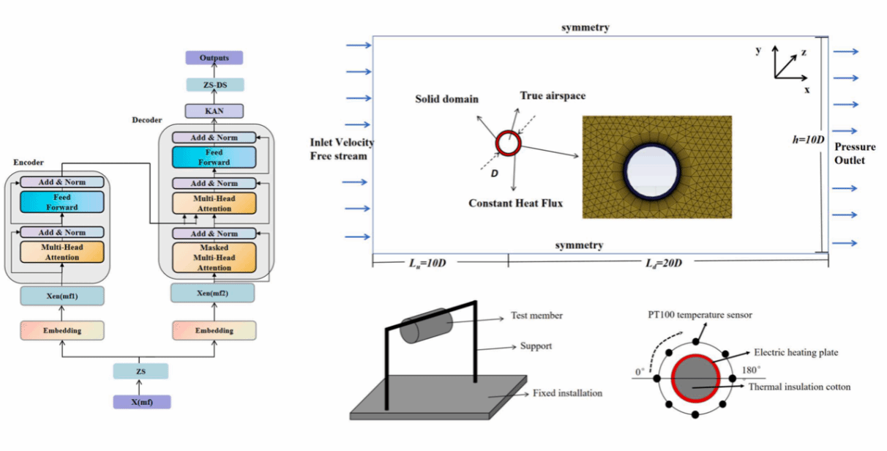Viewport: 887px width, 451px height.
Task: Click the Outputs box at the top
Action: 214,58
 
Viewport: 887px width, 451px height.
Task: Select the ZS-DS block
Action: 214,85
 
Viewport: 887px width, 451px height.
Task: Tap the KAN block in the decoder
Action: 214,111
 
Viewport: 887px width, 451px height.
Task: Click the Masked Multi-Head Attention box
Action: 214,258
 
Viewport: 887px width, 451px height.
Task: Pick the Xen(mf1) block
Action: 61,296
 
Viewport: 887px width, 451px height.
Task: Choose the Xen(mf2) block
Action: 213,293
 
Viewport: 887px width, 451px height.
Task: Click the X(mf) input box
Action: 141,402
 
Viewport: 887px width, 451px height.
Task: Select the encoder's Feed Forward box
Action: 61,202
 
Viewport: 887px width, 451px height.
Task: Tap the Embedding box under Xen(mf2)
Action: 214,330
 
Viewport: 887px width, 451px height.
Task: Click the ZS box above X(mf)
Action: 141,371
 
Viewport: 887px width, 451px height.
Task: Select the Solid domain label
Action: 446,99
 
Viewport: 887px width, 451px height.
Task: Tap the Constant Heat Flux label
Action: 516,203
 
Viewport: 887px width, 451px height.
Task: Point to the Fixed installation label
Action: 567,393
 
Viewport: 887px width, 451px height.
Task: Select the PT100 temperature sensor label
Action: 700,315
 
